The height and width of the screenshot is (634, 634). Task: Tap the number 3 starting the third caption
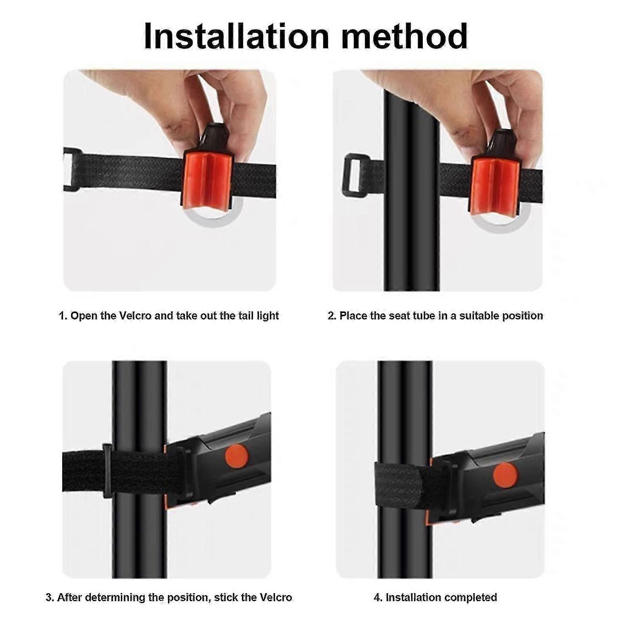49,597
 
